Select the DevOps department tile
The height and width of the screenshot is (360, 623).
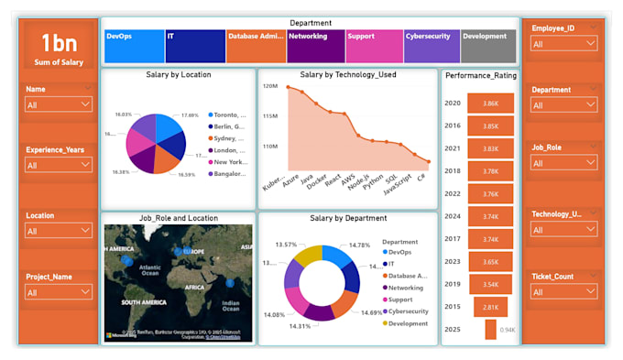pos(133,46)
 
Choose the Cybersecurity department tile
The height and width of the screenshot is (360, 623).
pos(432,46)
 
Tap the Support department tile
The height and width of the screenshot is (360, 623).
pos(374,46)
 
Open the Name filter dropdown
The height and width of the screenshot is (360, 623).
pos(59,104)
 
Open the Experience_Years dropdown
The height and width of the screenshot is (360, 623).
pos(59,165)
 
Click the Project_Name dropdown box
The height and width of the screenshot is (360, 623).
pos(59,292)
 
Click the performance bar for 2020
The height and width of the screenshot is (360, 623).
pos(490,104)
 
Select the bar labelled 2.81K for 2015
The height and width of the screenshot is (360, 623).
pos(490,307)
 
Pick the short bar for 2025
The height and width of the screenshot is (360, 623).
pos(490,329)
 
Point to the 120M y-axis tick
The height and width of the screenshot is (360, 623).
pos(270,86)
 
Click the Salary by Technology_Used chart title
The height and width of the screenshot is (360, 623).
pos(347,74)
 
